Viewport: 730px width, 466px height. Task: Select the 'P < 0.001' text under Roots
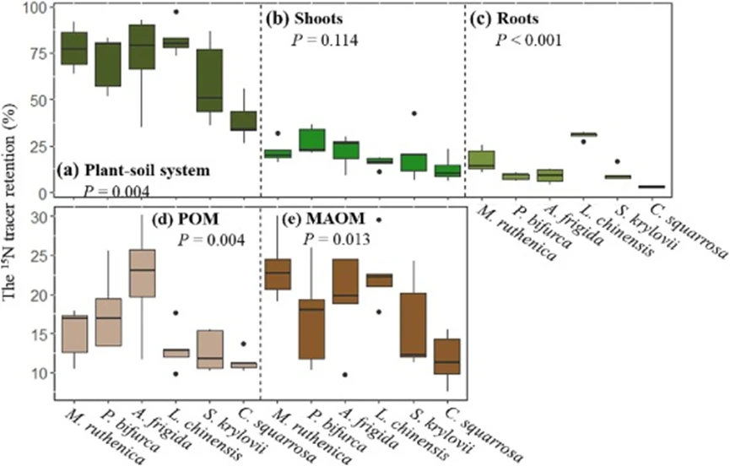pyautogui.click(x=529, y=39)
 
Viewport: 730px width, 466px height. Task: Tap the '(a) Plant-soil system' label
pyautogui.click(x=135, y=170)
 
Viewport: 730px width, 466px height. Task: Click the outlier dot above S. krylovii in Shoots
pyautogui.click(x=414, y=113)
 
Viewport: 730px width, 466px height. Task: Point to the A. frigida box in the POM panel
pyautogui.click(x=143, y=273)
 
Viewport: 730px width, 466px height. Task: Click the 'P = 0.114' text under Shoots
pyautogui.click(x=318, y=39)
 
